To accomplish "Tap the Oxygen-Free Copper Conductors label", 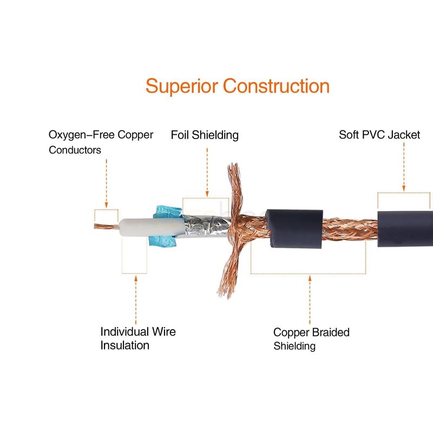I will [101, 142].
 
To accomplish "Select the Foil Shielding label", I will [205, 135].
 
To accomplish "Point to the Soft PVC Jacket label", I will [379, 135].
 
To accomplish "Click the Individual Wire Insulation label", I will [138, 338].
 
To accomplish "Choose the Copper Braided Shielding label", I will [311, 339].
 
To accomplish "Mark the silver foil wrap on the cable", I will [203, 225].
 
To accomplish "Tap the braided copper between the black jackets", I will [350, 227].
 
